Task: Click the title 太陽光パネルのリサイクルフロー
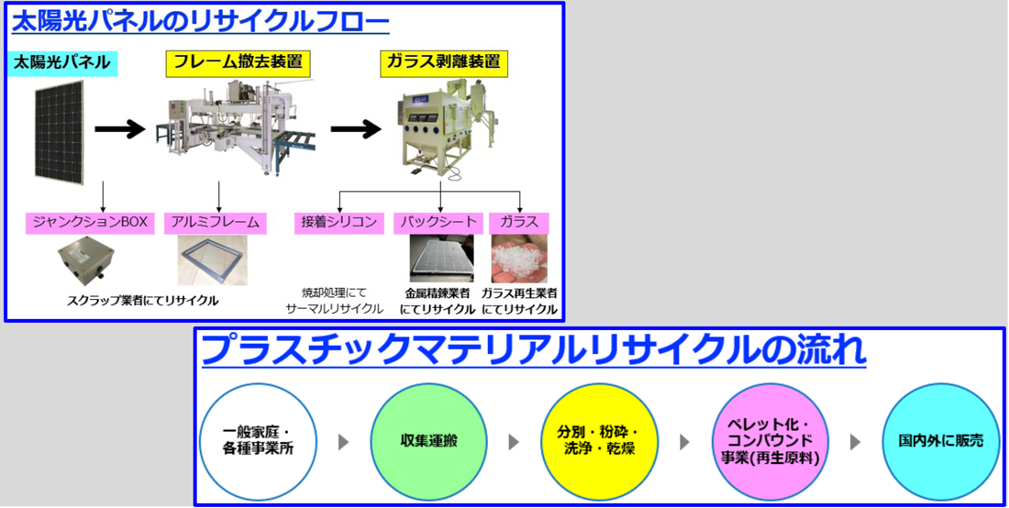(201, 21)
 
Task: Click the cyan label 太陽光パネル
(62, 62)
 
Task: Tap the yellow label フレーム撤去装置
(234, 62)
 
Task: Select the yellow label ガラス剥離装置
(441, 62)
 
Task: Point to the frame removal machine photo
(233, 128)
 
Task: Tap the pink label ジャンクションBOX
(89, 222)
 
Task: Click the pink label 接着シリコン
(339, 222)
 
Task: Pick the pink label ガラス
(519, 222)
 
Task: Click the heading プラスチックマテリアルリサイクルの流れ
(533, 349)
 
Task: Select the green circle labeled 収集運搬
(429, 441)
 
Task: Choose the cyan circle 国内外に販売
(941, 441)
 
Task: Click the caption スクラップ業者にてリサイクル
(143, 300)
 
